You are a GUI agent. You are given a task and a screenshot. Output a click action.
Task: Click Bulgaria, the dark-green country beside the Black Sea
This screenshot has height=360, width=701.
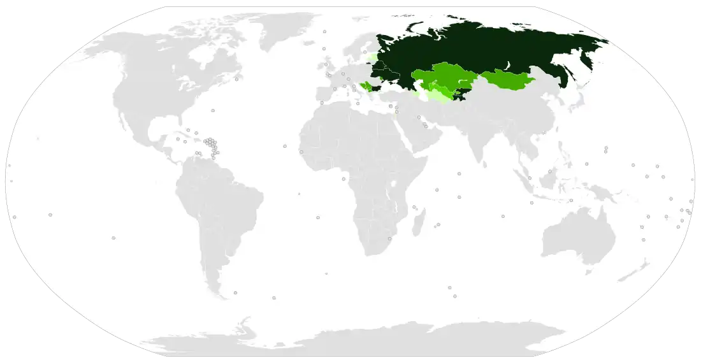coord(376,89)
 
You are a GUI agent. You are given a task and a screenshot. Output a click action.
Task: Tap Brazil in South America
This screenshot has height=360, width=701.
coord(229,204)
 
